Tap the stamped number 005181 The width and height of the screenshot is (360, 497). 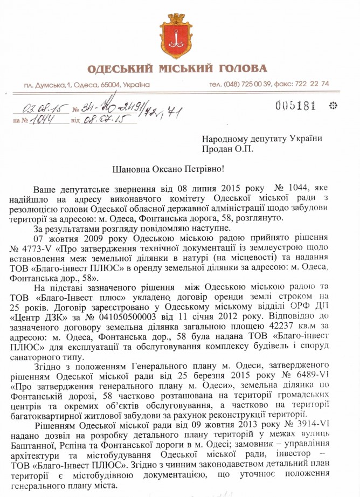pos(295,106)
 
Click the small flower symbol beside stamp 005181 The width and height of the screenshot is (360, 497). pos(332,105)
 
